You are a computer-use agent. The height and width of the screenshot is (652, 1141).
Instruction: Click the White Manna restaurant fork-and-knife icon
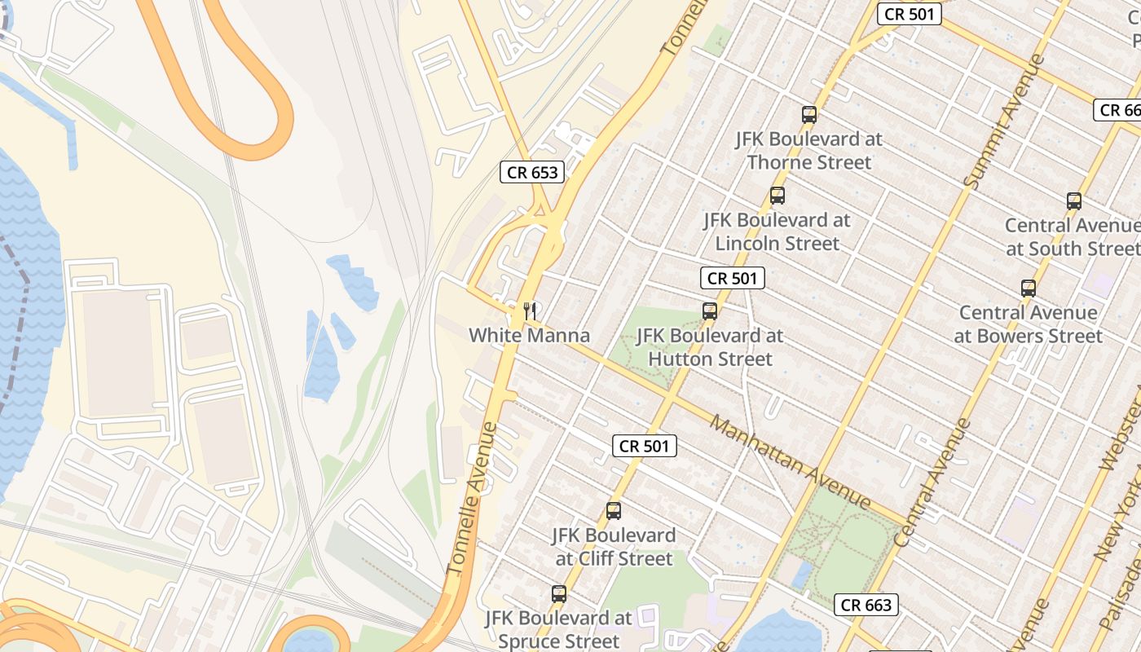pyautogui.click(x=530, y=311)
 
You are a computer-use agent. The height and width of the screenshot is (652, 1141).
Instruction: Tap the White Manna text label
pyautogui.click(x=529, y=335)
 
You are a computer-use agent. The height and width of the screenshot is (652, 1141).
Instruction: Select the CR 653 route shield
pyautogui.click(x=532, y=172)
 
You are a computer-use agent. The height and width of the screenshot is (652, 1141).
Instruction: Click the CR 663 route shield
pyautogui.click(x=867, y=605)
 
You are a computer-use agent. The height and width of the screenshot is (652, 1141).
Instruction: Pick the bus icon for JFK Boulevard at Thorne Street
pyautogui.click(x=809, y=115)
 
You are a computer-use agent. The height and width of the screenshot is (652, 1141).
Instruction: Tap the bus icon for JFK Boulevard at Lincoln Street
pyautogui.click(x=778, y=196)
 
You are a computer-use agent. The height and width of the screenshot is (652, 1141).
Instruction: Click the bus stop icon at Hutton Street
pyautogui.click(x=710, y=311)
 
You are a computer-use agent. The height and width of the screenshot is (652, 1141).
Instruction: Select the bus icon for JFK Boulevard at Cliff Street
pyautogui.click(x=614, y=511)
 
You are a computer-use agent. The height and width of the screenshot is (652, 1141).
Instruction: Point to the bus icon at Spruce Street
pyautogui.click(x=559, y=594)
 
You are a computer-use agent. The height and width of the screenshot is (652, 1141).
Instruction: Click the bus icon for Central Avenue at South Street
pyautogui.click(x=1074, y=201)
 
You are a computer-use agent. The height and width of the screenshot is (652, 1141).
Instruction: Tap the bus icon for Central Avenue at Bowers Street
pyautogui.click(x=1029, y=288)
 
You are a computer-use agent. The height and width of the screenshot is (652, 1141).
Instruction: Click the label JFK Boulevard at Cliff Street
pyautogui.click(x=614, y=547)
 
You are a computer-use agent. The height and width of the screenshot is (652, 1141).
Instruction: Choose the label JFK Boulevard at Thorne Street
pyautogui.click(x=809, y=151)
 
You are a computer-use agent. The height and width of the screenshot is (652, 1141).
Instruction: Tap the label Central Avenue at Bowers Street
pyautogui.click(x=1028, y=324)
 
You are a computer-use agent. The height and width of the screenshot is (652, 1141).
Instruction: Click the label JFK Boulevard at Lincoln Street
pyautogui.click(x=777, y=231)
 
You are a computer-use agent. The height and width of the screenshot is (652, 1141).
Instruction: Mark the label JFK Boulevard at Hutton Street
pyautogui.click(x=709, y=346)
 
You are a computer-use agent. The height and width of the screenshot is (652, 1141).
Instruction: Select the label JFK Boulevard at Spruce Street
pyautogui.click(x=559, y=629)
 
